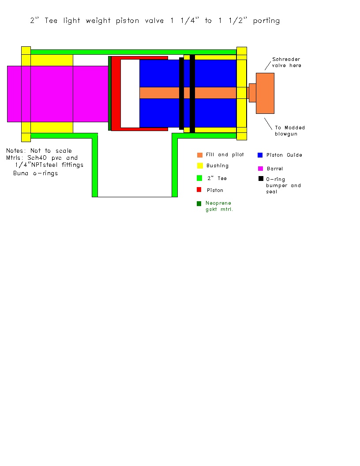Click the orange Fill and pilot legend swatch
point(199,155)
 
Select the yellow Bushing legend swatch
point(200,165)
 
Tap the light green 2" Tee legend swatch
point(199,178)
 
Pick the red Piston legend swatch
point(199,190)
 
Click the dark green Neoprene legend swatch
point(199,203)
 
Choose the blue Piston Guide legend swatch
point(260,155)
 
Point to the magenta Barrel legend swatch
point(260,169)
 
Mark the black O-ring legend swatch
point(261,179)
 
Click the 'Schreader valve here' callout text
point(286,62)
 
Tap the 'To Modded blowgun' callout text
point(289,131)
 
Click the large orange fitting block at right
point(265,93)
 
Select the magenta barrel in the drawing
point(58,94)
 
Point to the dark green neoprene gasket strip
point(109,93)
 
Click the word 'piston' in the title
point(127,21)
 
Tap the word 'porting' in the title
point(266,21)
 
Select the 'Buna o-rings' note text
point(35,173)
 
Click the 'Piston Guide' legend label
point(284,155)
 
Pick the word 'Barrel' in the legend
point(275,169)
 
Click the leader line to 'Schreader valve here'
point(268,66)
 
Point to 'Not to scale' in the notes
point(51,150)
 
